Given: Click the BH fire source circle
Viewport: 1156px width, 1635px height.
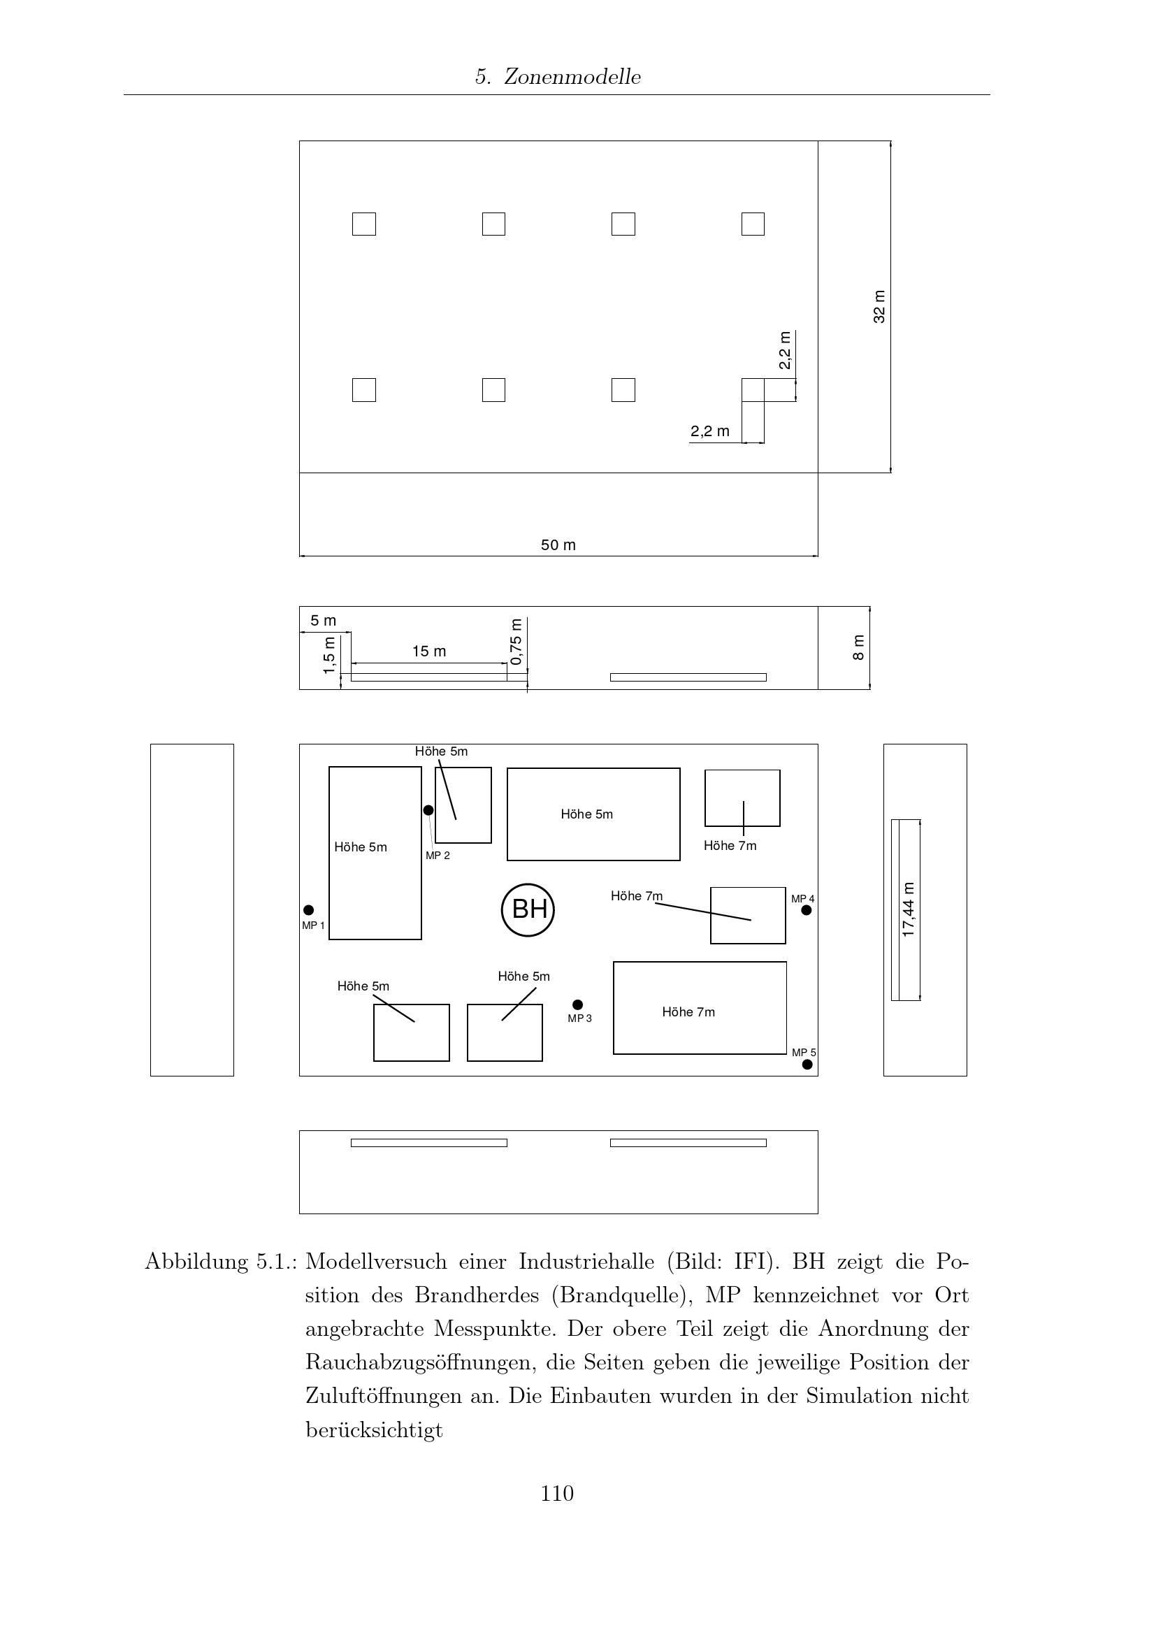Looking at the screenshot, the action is (x=528, y=909).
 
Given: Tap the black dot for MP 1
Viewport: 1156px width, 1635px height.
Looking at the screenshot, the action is (x=308, y=910).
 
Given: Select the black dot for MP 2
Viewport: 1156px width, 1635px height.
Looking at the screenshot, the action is (x=428, y=810).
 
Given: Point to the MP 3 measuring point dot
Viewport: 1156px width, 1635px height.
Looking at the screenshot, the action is (x=577, y=1004).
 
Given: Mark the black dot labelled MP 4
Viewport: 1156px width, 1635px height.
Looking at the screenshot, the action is (x=807, y=910).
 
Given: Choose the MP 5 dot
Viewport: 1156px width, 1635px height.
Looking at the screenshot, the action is (x=807, y=1065).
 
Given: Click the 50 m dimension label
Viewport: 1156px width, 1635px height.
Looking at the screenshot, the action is (x=558, y=545).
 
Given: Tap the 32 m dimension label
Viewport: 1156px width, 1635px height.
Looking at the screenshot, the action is (x=880, y=306).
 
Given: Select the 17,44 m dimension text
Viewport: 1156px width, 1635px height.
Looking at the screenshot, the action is (x=909, y=909).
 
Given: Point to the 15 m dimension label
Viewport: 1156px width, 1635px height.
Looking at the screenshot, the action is (x=429, y=651).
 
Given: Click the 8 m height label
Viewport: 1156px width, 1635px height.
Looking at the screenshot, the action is (x=859, y=647).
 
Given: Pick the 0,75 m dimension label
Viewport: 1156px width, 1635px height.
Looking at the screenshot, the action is (x=516, y=641).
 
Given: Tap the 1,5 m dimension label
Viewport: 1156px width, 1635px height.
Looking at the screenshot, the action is (x=329, y=654).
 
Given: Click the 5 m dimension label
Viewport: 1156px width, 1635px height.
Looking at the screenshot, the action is (x=323, y=620).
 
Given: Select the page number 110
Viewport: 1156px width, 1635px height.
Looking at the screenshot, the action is (x=557, y=1492).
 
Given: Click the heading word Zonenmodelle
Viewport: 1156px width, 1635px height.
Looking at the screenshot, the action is (x=572, y=77).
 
